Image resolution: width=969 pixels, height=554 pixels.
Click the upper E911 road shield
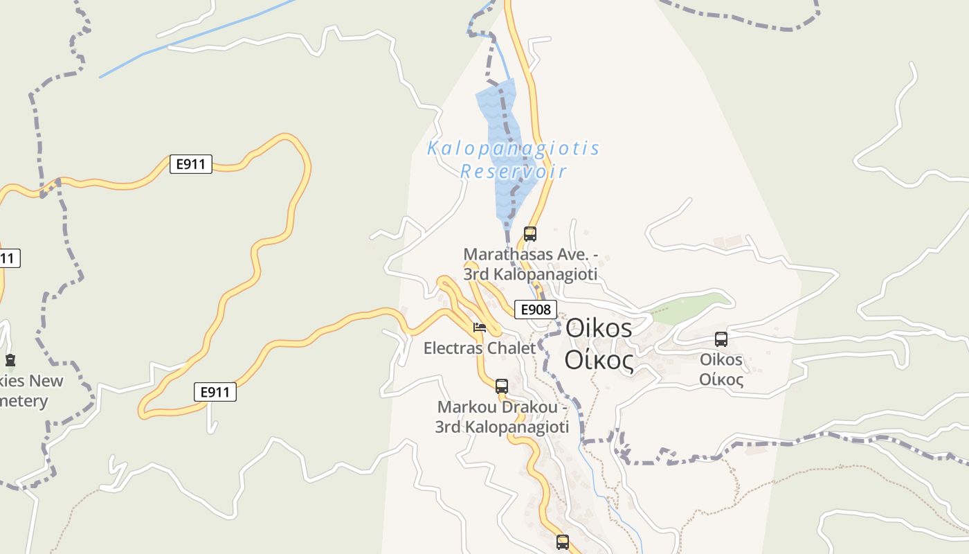click(190, 164)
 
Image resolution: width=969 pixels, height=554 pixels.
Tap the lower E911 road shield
click(215, 392)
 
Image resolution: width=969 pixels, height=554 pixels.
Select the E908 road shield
click(535, 309)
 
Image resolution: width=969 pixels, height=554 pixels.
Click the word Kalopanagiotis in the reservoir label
click(513, 148)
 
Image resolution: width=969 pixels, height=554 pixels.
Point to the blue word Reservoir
click(513, 171)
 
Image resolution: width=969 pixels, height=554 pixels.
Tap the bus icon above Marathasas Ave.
click(530, 233)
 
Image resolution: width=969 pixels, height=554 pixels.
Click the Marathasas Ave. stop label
click(530, 264)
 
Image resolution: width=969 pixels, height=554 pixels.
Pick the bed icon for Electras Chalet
click(479, 328)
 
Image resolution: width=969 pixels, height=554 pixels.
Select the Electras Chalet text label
click(480, 348)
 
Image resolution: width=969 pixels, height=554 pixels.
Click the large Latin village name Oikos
click(599, 328)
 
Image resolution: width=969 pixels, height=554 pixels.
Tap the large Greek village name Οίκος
click(599, 360)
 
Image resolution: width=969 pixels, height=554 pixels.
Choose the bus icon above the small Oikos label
click(721, 339)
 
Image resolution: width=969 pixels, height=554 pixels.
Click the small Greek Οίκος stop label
click(721, 379)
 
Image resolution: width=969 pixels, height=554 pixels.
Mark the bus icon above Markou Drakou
click(502, 386)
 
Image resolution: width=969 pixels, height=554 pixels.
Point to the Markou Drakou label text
click(502, 417)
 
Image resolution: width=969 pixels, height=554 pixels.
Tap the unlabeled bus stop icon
click(563, 542)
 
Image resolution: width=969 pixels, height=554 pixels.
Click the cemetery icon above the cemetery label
click(10, 360)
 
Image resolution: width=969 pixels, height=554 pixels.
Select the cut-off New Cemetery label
click(31, 391)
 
